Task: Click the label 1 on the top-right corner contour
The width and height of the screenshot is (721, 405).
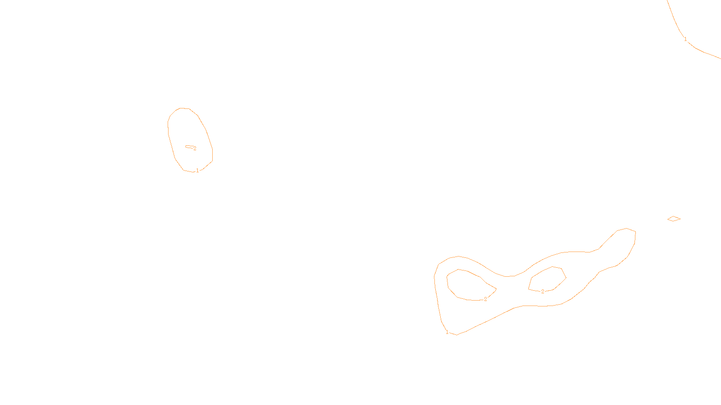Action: click(685, 39)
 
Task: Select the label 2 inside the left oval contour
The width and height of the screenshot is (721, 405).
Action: click(195, 148)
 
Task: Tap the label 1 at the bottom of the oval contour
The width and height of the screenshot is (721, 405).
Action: click(197, 171)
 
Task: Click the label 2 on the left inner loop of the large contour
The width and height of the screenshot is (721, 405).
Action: click(485, 299)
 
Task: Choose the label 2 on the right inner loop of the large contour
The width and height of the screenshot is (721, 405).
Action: click(543, 291)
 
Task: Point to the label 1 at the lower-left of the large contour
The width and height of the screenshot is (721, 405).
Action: click(447, 332)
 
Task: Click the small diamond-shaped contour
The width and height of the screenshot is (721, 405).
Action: click(674, 219)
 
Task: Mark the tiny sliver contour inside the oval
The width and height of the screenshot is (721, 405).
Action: click(189, 147)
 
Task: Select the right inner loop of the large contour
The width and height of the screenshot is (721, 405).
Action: click(548, 279)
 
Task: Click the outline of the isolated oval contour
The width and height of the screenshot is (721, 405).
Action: click(169, 130)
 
